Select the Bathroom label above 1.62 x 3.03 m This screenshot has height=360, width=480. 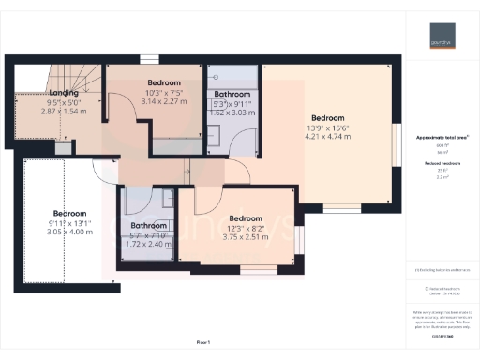231,95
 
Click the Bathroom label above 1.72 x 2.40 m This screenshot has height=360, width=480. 148,226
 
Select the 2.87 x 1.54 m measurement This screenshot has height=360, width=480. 63,111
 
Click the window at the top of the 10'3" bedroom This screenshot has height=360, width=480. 148,60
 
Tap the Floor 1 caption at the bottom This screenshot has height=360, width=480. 203,342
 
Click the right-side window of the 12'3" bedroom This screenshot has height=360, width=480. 299,241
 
